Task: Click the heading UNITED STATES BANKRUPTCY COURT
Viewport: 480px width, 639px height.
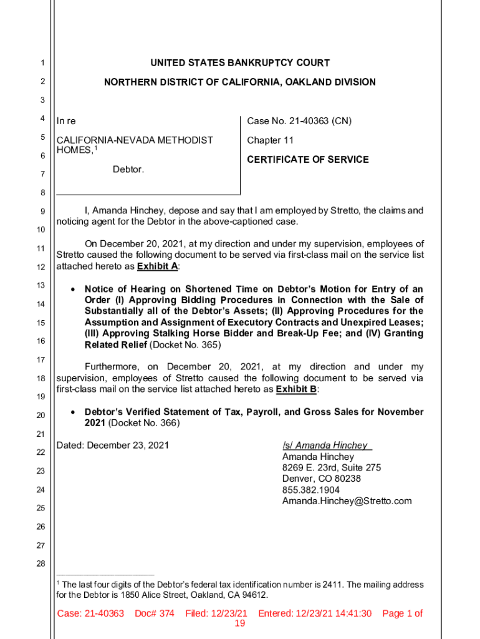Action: point(240,63)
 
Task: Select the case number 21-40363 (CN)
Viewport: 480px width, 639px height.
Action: point(317,121)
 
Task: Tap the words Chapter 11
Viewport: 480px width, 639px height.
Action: point(270,140)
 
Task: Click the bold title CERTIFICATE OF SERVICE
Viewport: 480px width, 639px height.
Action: point(307,160)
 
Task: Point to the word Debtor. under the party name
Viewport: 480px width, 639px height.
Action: point(128,169)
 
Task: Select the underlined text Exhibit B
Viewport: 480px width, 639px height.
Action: point(295,389)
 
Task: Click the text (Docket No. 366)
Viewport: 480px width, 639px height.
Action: point(144,423)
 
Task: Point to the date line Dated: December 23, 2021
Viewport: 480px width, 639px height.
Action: point(112,446)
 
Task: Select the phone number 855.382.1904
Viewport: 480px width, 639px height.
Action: point(310,490)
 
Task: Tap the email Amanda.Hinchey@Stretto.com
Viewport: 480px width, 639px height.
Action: point(347,502)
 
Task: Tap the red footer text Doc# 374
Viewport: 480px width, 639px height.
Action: point(154,613)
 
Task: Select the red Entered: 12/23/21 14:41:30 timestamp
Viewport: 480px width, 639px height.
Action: point(314,613)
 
